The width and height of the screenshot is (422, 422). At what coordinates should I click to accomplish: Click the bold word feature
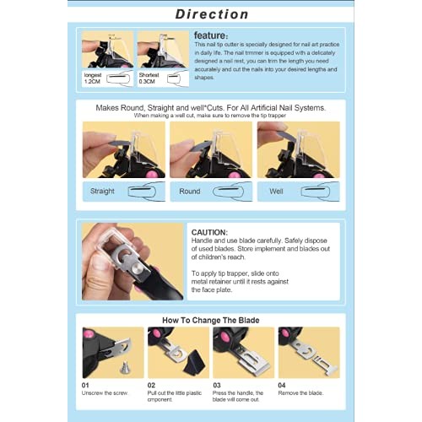[209, 35]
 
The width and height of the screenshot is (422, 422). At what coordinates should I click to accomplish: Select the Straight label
[103, 191]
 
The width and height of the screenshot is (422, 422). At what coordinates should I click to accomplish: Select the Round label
[191, 191]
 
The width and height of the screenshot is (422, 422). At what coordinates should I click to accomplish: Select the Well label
[277, 191]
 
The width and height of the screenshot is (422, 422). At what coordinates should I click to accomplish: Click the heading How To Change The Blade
[211, 321]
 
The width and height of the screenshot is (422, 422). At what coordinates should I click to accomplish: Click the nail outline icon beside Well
[312, 191]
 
